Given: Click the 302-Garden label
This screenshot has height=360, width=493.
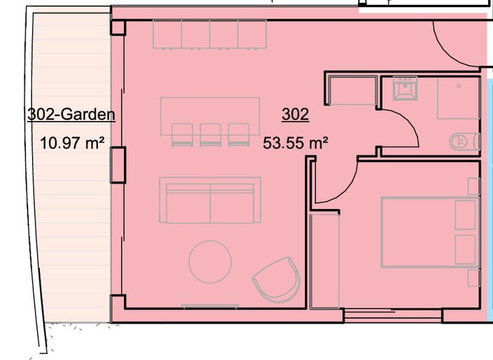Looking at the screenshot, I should click(x=71, y=115).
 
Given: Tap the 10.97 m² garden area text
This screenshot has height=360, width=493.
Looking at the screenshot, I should click(x=73, y=144).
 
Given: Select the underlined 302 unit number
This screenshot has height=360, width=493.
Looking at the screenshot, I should click(x=295, y=115).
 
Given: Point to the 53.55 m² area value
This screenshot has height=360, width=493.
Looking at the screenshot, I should click(x=296, y=144).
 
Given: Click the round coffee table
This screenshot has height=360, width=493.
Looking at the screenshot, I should click(x=210, y=261).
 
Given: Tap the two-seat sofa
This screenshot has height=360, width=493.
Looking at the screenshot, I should click(x=210, y=200).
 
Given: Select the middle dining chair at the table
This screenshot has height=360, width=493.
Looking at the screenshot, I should click(x=210, y=135).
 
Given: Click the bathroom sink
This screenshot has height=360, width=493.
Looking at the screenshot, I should click(x=403, y=89).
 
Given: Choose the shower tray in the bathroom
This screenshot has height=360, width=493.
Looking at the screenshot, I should click(x=459, y=98).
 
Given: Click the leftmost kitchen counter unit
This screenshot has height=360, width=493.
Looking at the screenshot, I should click(x=167, y=34).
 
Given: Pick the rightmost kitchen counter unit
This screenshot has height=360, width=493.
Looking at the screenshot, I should click(x=252, y=34).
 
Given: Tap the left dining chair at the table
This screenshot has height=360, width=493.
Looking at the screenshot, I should click(x=182, y=135).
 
